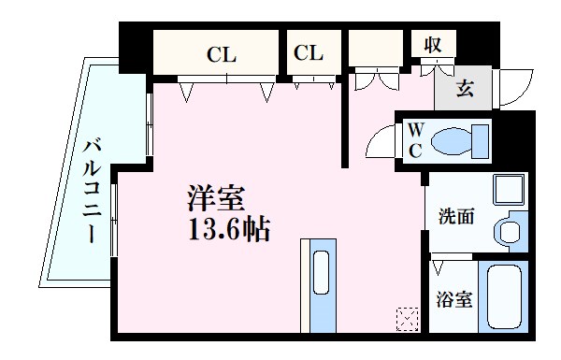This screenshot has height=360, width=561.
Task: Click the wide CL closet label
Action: point(222,54)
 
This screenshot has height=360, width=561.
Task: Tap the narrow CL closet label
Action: point(309,53)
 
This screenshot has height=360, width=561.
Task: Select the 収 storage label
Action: point(432,45)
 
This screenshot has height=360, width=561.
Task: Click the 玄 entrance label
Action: point(465,89)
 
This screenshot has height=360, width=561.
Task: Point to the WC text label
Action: point(413,140)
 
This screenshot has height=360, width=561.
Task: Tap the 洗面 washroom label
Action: point(456,216)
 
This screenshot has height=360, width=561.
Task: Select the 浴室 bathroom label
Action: point(456,301)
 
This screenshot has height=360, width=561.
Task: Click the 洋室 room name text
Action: point(216,199)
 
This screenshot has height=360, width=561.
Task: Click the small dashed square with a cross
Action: point(407,318)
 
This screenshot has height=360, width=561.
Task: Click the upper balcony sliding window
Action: point(150,124)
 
